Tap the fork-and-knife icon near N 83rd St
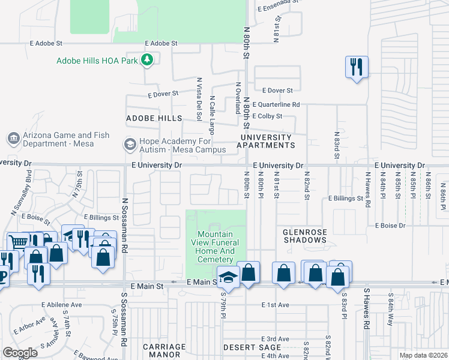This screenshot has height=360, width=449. click(x=357, y=66)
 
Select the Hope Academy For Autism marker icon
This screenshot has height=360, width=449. click(x=129, y=144)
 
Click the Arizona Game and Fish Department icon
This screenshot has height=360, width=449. click(x=13, y=139)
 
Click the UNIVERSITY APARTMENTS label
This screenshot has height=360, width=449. click(x=267, y=141)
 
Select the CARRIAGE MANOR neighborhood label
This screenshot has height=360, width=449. click(x=164, y=350)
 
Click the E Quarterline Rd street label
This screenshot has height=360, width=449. click(x=276, y=104)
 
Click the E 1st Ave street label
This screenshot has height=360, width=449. click(x=275, y=305)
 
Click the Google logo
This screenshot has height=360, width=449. click(x=20, y=352)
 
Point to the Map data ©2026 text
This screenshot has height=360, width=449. click(x=423, y=355)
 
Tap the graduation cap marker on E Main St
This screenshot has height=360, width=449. click(x=228, y=276)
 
